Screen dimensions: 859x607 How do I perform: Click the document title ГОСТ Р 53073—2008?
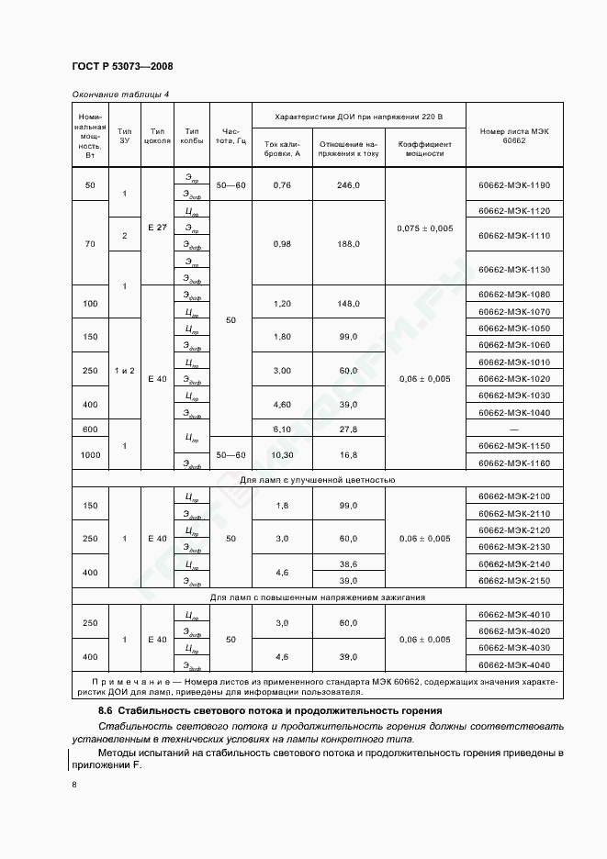122,66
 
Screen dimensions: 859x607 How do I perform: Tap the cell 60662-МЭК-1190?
514,185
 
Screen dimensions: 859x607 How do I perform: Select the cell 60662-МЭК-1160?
514,463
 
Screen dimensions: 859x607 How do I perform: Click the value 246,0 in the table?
348,185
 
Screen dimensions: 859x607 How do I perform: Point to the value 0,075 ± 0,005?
425,228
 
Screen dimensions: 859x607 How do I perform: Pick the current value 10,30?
282,454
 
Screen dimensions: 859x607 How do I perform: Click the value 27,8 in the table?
348,429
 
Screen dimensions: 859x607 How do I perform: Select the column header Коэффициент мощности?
425,149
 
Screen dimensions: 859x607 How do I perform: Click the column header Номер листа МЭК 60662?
514,135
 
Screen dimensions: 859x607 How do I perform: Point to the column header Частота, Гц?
230,136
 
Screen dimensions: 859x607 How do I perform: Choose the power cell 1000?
90,454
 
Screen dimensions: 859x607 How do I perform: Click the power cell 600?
90,429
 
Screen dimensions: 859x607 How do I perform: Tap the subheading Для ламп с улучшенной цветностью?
317,479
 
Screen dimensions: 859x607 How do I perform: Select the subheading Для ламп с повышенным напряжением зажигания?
317,597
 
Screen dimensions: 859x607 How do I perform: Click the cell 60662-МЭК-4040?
514,664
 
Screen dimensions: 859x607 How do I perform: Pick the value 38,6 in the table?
348,563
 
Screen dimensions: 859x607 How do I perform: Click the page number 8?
73,784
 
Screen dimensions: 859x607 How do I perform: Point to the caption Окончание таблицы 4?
120,95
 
